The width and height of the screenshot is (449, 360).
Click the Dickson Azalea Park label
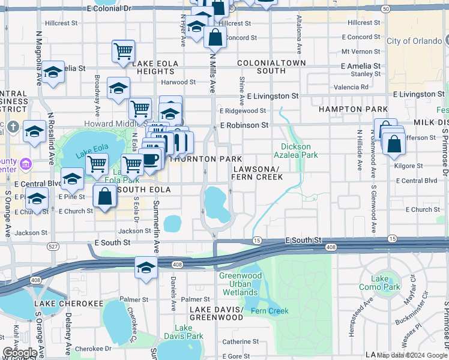click(x=297, y=151)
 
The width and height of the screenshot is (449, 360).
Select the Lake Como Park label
click(x=385, y=283)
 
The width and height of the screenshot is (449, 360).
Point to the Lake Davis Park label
click(x=184, y=332)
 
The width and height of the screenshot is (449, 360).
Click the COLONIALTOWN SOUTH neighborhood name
click(x=271, y=67)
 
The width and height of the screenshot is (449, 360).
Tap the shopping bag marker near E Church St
click(x=105, y=197)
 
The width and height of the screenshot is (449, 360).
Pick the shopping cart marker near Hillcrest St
click(x=123, y=51)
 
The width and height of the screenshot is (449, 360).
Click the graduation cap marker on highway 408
click(x=145, y=267)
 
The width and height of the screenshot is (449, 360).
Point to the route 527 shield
click(x=53, y=247)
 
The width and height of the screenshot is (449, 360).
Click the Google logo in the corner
click(x=19, y=352)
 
